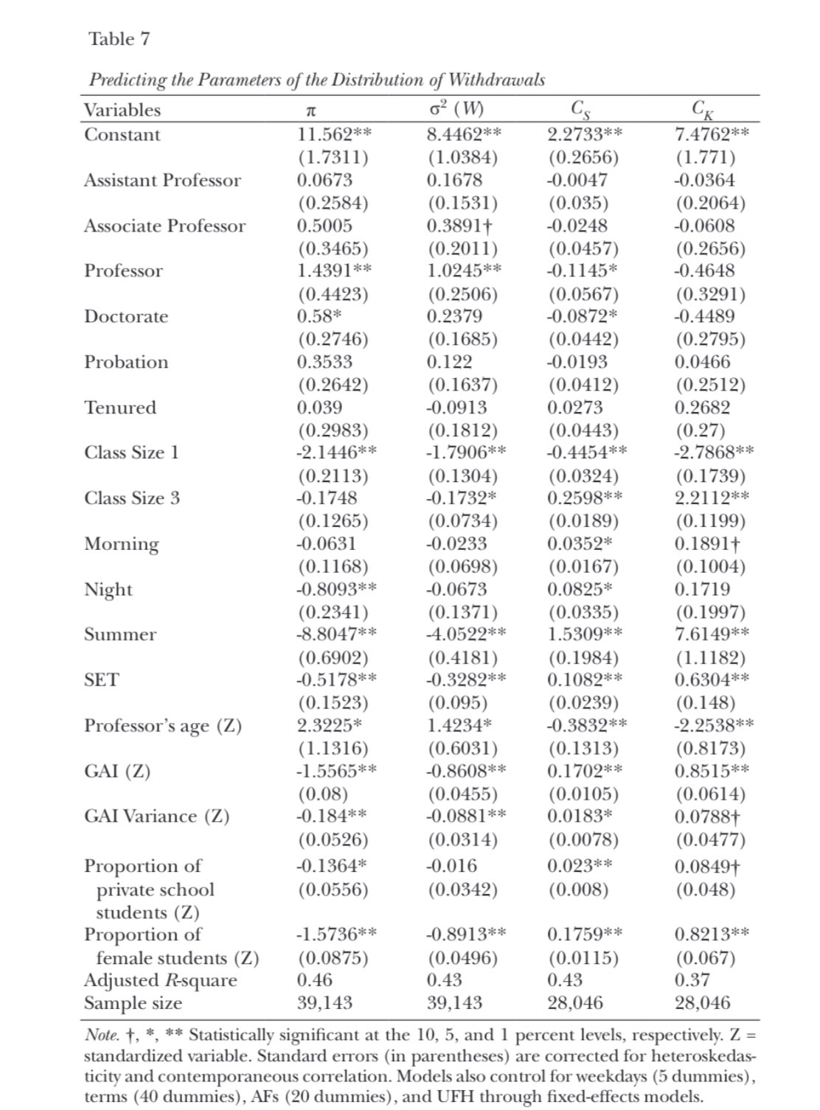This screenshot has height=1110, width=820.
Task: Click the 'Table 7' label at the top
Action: tap(119, 39)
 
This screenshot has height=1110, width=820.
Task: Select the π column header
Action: tap(310, 111)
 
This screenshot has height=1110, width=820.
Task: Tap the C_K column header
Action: tap(703, 111)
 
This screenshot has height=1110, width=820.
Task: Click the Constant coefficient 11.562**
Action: tap(333, 134)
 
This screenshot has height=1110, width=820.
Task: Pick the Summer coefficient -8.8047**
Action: tap(336, 634)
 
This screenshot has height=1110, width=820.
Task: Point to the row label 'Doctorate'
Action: tap(126, 316)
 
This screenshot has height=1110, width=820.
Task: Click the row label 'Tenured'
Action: tap(120, 408)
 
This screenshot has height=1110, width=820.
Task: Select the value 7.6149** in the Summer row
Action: tap(712, 634)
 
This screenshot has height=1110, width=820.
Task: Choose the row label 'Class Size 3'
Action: tap(131, 498)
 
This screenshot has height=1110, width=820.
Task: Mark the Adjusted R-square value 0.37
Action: tap(692, 980)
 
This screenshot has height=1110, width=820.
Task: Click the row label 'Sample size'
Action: tap(133, 1003)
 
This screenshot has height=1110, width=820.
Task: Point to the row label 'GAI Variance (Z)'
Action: tap(156, 816)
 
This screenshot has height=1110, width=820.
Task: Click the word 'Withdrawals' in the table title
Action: tap(497, 80)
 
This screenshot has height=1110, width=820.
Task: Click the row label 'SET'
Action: tap(101, 680)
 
